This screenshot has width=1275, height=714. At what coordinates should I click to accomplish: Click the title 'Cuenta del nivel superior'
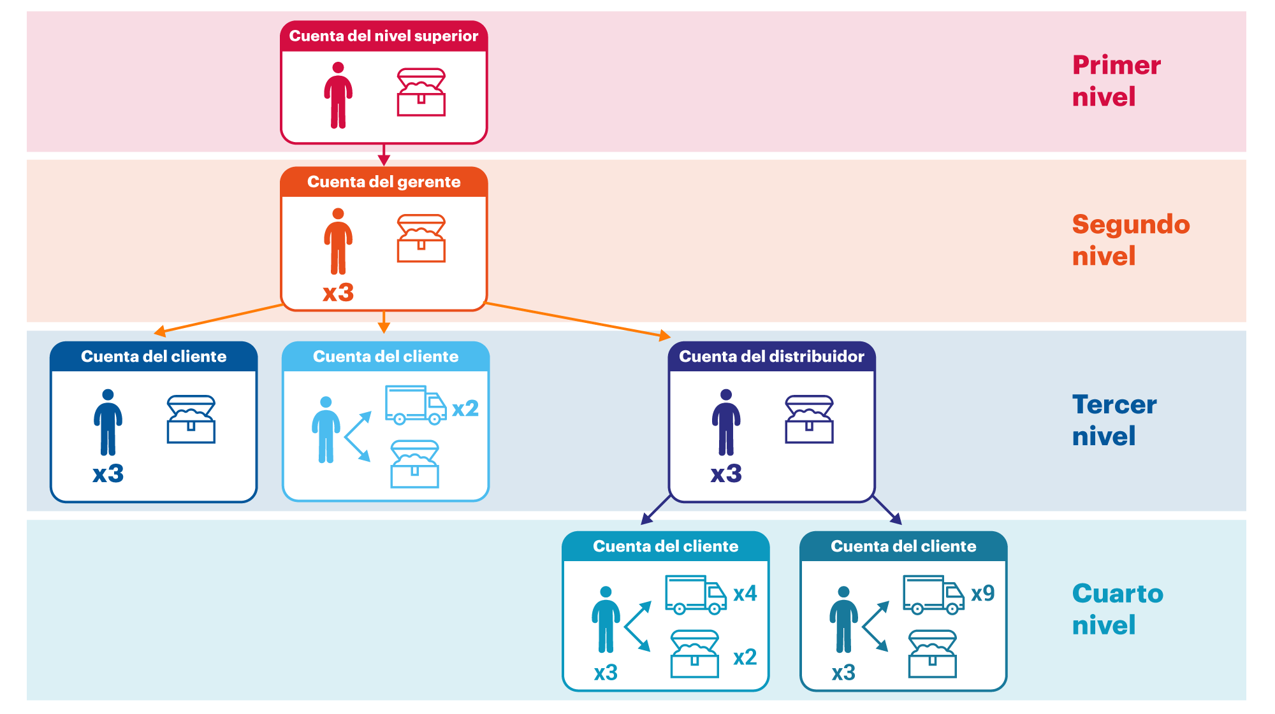(383, 36)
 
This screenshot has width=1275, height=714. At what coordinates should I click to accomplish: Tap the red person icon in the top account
(338, 96)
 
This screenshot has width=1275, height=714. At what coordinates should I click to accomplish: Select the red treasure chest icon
(421, 93)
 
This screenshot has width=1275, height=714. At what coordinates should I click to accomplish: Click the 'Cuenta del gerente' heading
(383, 182)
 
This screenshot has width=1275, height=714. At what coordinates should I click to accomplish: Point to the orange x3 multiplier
(338, 293)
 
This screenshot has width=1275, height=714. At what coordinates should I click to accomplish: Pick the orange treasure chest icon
(421, 239)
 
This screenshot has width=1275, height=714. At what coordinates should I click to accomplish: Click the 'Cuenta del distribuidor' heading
(771, 357)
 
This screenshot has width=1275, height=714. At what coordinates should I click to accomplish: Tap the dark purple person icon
(726, 422)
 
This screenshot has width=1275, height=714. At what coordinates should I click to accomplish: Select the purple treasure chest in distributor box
(809, 420)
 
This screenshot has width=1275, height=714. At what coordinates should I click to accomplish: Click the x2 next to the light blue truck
(465, 408)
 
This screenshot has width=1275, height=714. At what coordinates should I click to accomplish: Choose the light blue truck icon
(415, 405)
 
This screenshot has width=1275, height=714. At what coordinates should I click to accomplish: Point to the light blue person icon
(326, 430)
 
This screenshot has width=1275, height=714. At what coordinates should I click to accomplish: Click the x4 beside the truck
(745, 594)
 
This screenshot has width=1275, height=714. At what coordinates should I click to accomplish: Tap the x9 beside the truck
(982, 594)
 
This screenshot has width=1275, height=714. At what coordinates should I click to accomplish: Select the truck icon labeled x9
(933, 595)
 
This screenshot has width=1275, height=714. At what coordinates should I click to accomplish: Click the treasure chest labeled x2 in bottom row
(694, 654)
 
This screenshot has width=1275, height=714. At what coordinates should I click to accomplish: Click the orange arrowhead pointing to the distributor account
(664, 335)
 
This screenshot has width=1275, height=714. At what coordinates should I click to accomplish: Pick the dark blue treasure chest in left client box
(191, 420)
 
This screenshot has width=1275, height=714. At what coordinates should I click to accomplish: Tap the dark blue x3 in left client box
(108, 474)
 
